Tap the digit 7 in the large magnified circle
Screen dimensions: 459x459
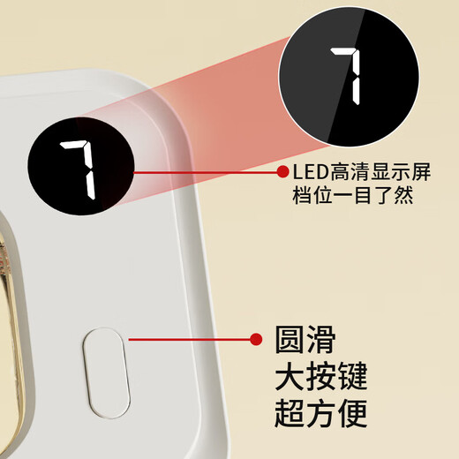(x=348, y=74)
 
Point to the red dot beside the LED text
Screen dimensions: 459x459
(x=282, y=172)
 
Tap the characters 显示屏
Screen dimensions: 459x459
(x=391, y=173)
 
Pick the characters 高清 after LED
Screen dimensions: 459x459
(x=345, y=173)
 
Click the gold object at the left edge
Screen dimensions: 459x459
(x=11, y=291)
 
